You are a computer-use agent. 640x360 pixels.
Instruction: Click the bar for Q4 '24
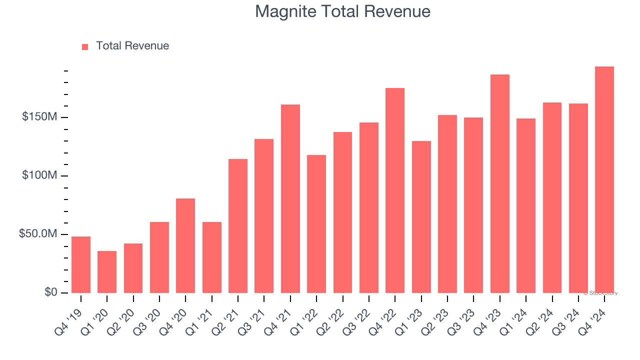(x=604, y=179)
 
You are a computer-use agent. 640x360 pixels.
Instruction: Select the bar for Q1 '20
(x=107, y=272)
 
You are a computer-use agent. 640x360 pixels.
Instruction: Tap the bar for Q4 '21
(x=290, y=198)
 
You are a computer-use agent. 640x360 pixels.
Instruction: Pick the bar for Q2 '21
(x=238, y=226)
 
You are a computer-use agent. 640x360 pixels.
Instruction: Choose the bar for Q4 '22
(x=395, y=190)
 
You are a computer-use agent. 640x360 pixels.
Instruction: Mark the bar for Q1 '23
(x=421, y=217)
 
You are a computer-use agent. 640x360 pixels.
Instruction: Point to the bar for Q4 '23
(x=500, y=183)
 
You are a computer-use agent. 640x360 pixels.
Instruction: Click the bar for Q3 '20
(x=159, y=257)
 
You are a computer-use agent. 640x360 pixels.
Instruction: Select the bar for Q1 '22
(x=316, y=224)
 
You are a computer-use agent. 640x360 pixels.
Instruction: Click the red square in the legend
(x=85, y=47)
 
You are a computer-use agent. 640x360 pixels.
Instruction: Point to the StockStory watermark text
(x=600, y=293)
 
